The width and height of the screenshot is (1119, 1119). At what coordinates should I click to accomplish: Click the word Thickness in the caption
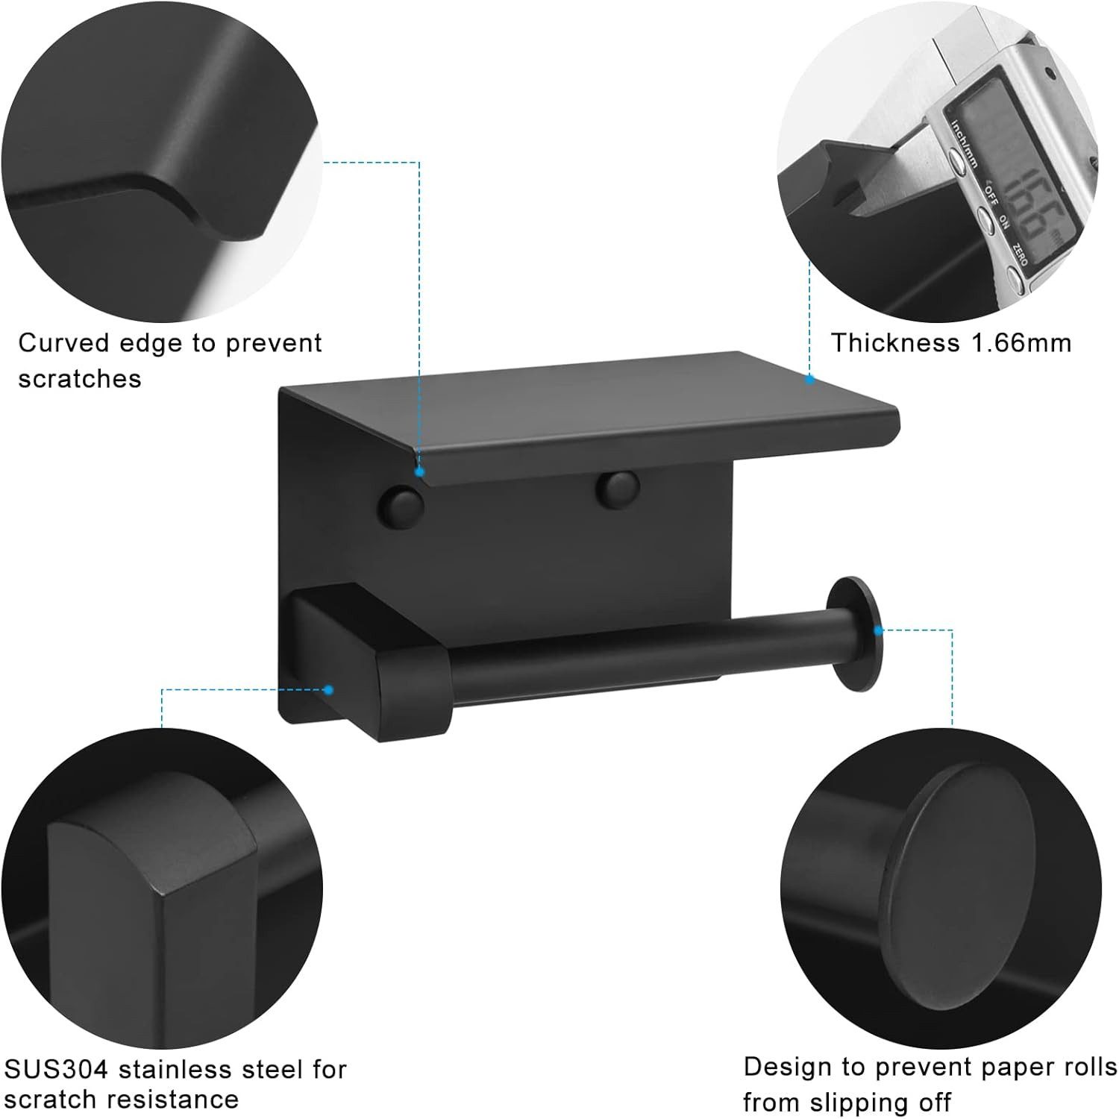895,342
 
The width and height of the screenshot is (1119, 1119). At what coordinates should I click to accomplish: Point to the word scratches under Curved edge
80,378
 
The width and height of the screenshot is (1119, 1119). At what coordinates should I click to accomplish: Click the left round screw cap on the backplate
401,507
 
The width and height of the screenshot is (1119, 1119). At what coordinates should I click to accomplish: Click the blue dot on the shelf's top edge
809,379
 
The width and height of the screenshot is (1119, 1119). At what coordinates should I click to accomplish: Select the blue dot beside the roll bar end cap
879,630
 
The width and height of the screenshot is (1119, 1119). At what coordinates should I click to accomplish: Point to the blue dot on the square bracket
329,689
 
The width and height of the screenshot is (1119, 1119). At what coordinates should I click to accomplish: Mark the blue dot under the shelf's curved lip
420,472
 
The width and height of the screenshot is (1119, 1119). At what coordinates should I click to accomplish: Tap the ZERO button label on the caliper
1021,254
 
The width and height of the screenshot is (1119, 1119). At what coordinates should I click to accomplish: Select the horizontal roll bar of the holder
642,651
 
